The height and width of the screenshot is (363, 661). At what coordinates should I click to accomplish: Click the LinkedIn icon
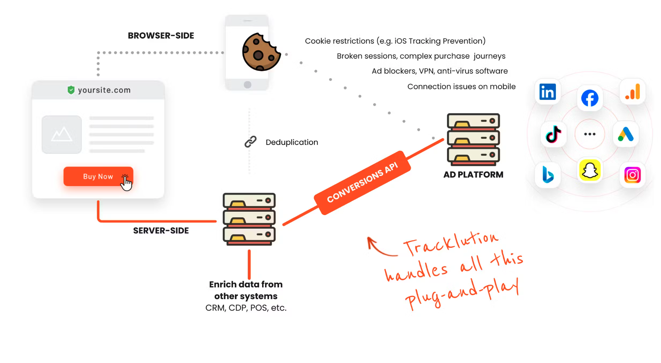pyautogui.click(x=547, y=92)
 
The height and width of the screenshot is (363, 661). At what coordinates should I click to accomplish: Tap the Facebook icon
pyautogui.click(x=590, y=98)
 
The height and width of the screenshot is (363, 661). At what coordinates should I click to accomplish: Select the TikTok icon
pyautogui.click(x=553, y=134)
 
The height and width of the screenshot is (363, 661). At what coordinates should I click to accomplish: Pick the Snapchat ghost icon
pyautogui.click(x=590, y=170)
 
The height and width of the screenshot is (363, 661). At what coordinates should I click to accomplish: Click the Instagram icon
pyautogui.click(x=632, y=175)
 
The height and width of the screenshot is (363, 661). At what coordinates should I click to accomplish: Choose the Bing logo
pyautogui.click(x=548, y=175)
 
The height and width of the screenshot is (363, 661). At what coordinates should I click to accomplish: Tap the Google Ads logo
pyautogui.click(x=626, y=134)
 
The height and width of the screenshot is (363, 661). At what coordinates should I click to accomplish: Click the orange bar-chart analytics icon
pyautogui.click(x=633, y=92)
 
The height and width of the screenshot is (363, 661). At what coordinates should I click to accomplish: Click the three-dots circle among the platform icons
pyautogui.click(x=590, y=134)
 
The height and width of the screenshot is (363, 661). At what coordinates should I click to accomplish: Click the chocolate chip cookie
pyautogui.click(x=261, y=52)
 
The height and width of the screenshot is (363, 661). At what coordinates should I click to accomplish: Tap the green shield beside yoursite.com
pyautogui.click(x=71, y=90)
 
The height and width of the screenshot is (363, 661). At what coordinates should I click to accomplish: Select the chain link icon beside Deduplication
pyautogui.click(x=250, y=142)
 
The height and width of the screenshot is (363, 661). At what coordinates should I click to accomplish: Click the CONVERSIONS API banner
pyautogui.click(x=362, y=182)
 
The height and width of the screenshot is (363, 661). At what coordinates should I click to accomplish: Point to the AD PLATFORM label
pyautogui.click(x=473, y=175)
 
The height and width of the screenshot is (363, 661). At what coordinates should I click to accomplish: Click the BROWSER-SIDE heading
pyautogui.click(x=161, y=36)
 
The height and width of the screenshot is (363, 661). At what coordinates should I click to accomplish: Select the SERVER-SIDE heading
pyautogui.click(x=161, y=230)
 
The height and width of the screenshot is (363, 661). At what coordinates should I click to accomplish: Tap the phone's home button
pyautogui.click(x=247, y=85)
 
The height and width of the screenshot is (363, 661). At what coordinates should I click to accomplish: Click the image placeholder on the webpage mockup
pyautogui.click(x=62, y=134)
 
